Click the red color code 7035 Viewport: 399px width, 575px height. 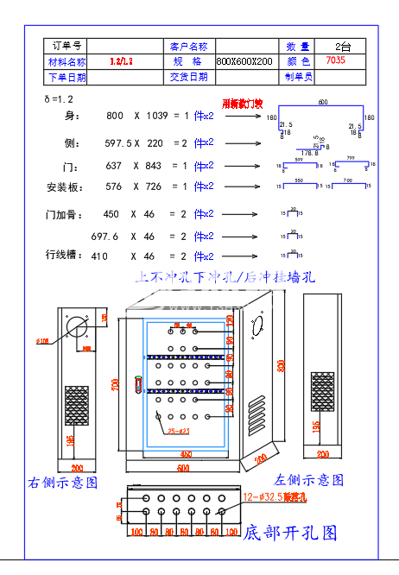pyautogui.click(x=335, y=61)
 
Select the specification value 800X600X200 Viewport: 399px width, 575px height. pyautogui.click(x=244, y=62)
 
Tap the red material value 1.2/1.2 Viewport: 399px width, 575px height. pyautogui.click(x=122, y=62)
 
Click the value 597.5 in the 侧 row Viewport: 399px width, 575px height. pyautogui.click(x=118, y=142)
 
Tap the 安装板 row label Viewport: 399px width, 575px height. pyautogui.click(x=64, y=186)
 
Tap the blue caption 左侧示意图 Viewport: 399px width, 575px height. pyautogui.click(x=308, y=479)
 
